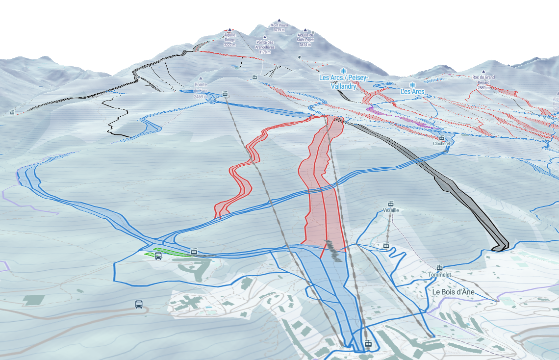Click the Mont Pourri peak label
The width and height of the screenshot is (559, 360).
(x=279, y=27)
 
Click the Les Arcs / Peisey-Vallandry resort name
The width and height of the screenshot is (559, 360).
(x=344, y=82)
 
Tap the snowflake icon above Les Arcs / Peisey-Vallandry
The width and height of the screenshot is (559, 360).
(x=343, y=71)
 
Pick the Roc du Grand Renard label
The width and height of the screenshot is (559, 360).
(x=483, y=79)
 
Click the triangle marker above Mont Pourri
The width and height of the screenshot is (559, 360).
(x=279, y=20)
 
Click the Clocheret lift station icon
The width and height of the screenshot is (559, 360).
(x=441, y=138)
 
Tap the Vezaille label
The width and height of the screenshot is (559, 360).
(x=391, y=210)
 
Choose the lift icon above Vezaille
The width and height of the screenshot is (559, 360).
(x=391, y=204)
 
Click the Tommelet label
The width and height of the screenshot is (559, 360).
(x=439, y=275)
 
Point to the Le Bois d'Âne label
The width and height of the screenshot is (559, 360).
(x=455, y=291)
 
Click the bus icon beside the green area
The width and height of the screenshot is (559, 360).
(x=158, y=257)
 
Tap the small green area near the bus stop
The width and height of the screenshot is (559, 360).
(x=172, y=252)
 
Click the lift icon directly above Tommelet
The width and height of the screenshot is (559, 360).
(x=440, y=268)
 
